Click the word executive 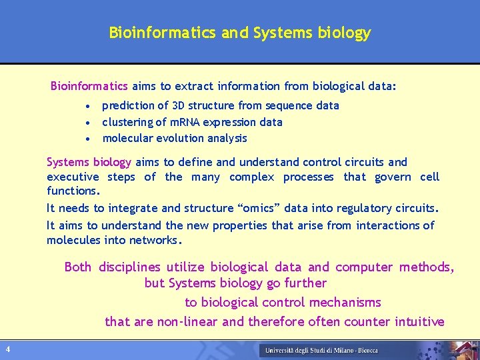coord(73,177)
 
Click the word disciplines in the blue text coord(129,267)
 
